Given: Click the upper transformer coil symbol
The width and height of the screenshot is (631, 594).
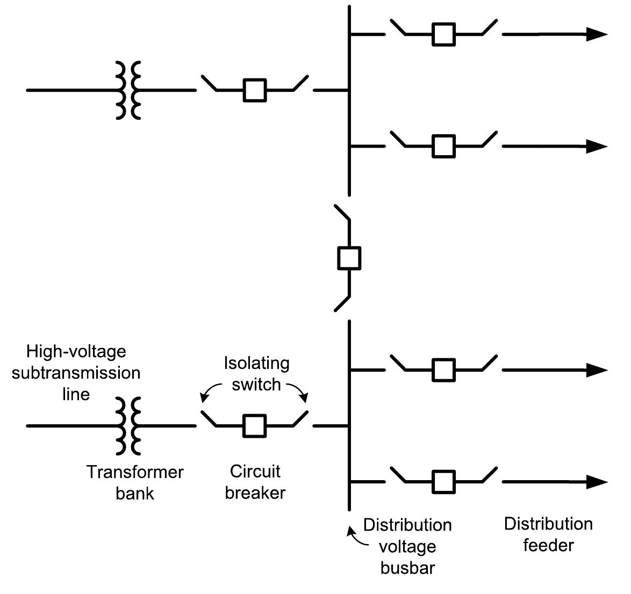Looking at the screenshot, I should pyautogui.click(x=129, y=90).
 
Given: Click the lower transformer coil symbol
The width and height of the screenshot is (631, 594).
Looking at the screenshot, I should pyautogui.click(x=129, y=425).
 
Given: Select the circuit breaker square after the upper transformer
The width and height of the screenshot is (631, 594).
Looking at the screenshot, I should pyautogui.click(x=254, y=90).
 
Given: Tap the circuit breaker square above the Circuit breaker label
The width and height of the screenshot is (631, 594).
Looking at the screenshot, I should pyautogui.click(x=254, y=425).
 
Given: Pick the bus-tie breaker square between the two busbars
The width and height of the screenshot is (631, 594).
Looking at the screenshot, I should pyautogui.click(x=349, y=258).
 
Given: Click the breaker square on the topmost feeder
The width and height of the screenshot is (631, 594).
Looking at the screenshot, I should pyautogui.click(x=444, y=34).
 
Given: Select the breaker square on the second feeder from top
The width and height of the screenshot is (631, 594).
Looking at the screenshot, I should pyautogui.click(x=444, y=146).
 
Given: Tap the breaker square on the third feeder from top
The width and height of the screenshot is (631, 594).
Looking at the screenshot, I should pyautogui.click(x=444, y=370).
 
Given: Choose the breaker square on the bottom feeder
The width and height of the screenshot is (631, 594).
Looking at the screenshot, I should pyautogui.click(x=444, y=482).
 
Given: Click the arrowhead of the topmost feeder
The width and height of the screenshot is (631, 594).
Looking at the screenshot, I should pyautogui.click(x=597, y=34).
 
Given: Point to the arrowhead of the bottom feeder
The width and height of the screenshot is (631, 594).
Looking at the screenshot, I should pyautogui.click(x=597, y=482).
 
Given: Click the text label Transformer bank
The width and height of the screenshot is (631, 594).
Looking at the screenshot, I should pyautogui.click(x=135, y=482).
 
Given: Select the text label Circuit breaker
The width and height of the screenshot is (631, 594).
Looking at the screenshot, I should pyautogui.click(x=255, y=482).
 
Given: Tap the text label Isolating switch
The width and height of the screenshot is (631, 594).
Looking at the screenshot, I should pyautogui.click(x=256, y=374).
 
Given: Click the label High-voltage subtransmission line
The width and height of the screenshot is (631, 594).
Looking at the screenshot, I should pyautogui.click(x=76, y=373).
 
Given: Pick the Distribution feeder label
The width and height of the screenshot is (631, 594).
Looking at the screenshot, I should pyautogui.click(x=548, y=534).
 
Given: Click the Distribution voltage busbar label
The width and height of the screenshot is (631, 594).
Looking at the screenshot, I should pyautogui.click(x=407, y=546).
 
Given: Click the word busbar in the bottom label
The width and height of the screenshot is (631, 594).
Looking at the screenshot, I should pyautogui.click(x=407, y=568).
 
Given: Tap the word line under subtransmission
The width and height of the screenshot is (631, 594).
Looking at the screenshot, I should pyautogui.click(x=76, y=394).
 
